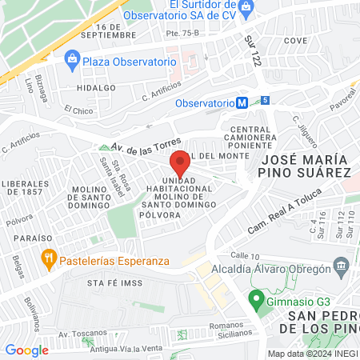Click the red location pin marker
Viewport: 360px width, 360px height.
[x=180, y=163]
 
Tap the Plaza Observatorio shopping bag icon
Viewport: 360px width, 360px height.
[x=73, y=58]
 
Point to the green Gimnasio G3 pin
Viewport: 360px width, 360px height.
[x=256, y=300]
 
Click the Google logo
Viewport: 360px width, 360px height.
[x=26, y=350]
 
